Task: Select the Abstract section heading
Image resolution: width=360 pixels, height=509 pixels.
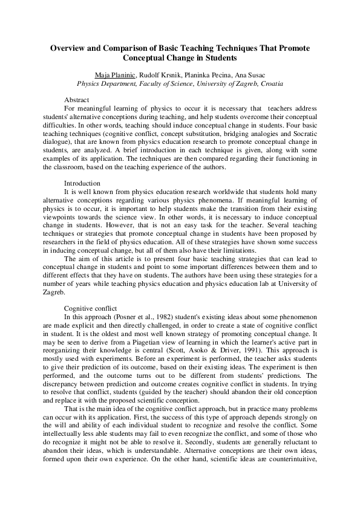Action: tap(77, 100)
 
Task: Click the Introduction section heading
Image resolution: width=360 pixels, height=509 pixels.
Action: tap(82, 183)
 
